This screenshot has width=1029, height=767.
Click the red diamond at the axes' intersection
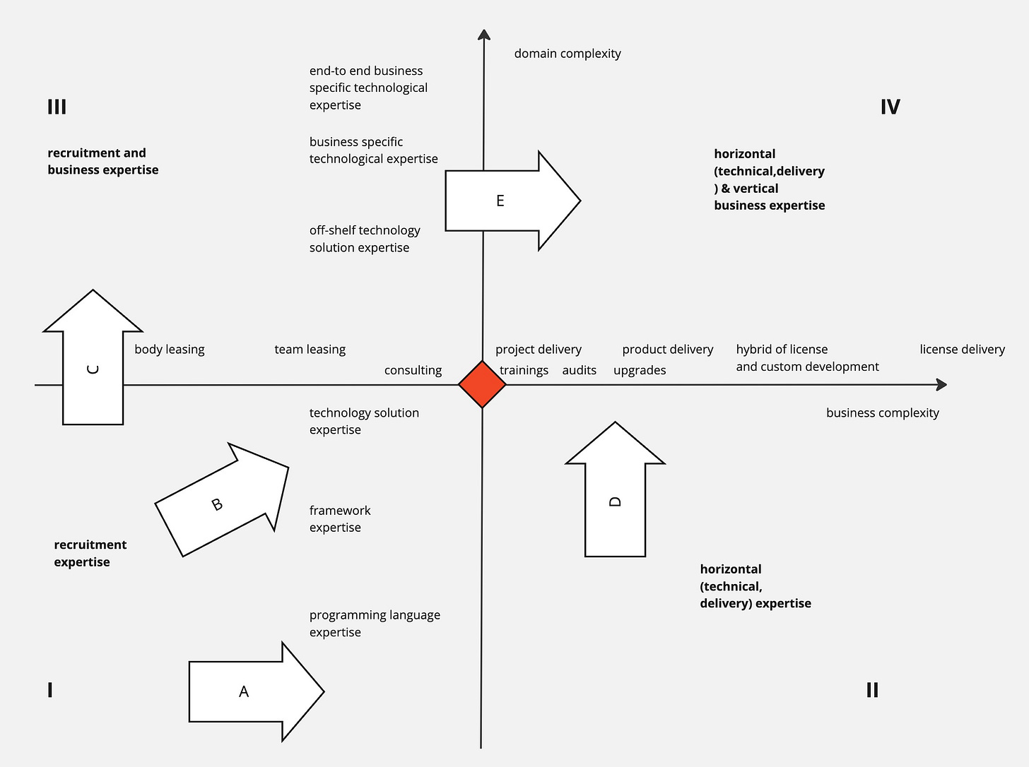[x=482, y=385]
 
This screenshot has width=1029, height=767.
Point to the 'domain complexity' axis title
[x=568, y=54]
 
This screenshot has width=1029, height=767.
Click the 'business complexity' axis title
[x=882, y=413]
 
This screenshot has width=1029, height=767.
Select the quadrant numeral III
[x=57, y=107]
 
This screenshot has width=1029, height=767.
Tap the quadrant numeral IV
[x=890, y=107]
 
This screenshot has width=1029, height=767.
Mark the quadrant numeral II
[x=872, y=690]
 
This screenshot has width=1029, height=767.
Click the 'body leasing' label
[x=170, y=350]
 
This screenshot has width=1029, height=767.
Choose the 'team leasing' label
[x=310, y=350]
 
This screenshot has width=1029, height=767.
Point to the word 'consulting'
[x=413, y=370]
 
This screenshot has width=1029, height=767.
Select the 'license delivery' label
[x=962, y=350]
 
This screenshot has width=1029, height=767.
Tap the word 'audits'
[x=579, y=370]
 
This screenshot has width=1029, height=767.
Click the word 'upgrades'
[x=640, y=370]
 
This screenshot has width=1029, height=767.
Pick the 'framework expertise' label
[x=340, y=519]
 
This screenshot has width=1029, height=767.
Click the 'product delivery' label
[x=667, y=350]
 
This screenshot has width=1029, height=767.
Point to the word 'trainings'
[x=524, y=370]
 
